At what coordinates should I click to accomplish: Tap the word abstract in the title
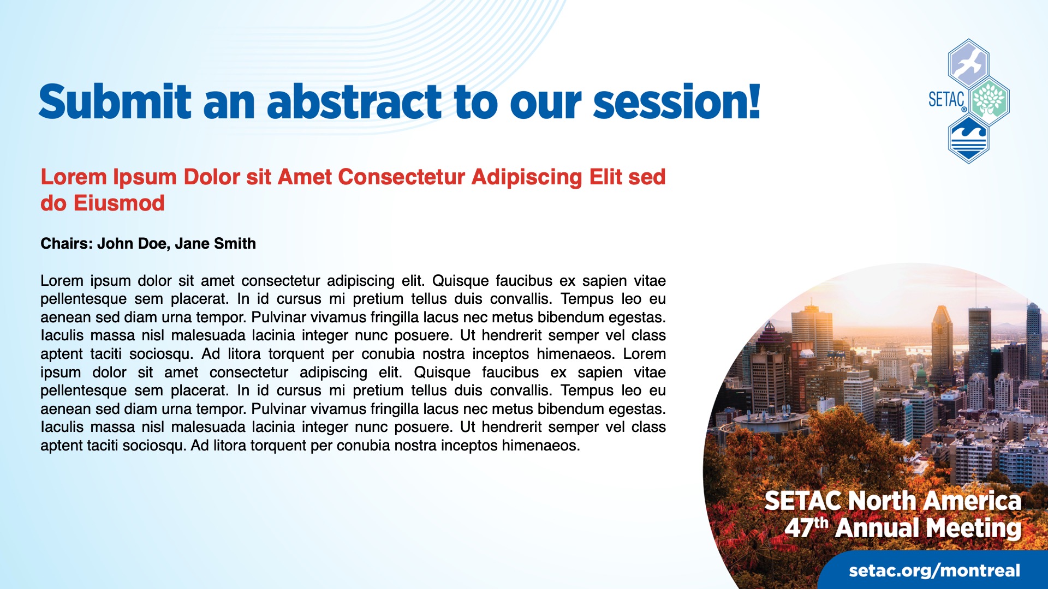[354, 102]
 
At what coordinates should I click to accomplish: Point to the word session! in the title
[676, 102]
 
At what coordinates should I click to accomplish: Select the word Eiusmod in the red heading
[119, 203]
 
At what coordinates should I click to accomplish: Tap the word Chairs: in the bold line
[66, 244]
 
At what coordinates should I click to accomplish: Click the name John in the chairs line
[116, 244]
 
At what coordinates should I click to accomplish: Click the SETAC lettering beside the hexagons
[946, 100]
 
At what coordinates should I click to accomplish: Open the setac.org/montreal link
[934, 570]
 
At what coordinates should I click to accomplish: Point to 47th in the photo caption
[806, 527]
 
